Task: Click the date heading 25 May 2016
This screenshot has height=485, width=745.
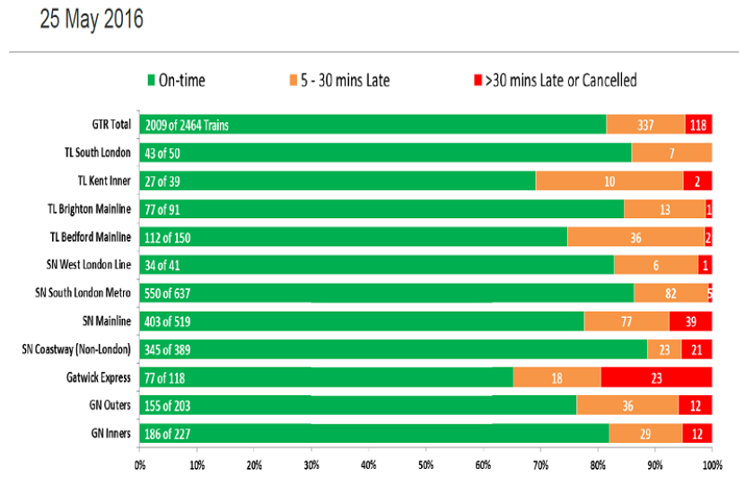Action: coord(92,20)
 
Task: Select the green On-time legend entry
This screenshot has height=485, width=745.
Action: coord(176,80)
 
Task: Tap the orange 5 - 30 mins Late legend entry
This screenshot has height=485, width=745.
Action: coord(339,80)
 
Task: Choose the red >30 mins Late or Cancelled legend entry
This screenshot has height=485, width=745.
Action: coord(555,80)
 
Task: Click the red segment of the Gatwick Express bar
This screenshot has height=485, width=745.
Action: coord(656,377)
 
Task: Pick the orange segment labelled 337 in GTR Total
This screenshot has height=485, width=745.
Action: coord(645,125)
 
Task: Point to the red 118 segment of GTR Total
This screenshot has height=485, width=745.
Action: coord(698,125)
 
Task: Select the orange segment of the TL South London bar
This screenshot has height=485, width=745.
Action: coord(671,153)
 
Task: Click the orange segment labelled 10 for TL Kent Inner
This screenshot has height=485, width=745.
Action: coord(609,181)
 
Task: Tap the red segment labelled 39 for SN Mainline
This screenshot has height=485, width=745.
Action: coord(690,322)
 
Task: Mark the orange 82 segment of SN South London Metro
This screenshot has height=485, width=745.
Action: coord(670,293)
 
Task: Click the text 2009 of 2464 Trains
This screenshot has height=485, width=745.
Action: coord(187,125)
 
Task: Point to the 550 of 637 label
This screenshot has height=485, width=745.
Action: coord(167,294)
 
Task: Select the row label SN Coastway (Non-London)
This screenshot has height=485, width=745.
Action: coord(76,349)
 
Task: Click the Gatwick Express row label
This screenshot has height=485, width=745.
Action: coord(99,377)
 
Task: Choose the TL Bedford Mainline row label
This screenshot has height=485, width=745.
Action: coord(91,237)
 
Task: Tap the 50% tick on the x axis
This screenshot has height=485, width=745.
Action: coord(425,465)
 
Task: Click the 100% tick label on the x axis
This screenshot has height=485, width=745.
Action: coord(712,465)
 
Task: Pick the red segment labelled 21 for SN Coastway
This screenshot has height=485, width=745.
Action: coord(697,349)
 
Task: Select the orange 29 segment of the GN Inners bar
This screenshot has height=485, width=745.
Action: coord(645,434)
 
